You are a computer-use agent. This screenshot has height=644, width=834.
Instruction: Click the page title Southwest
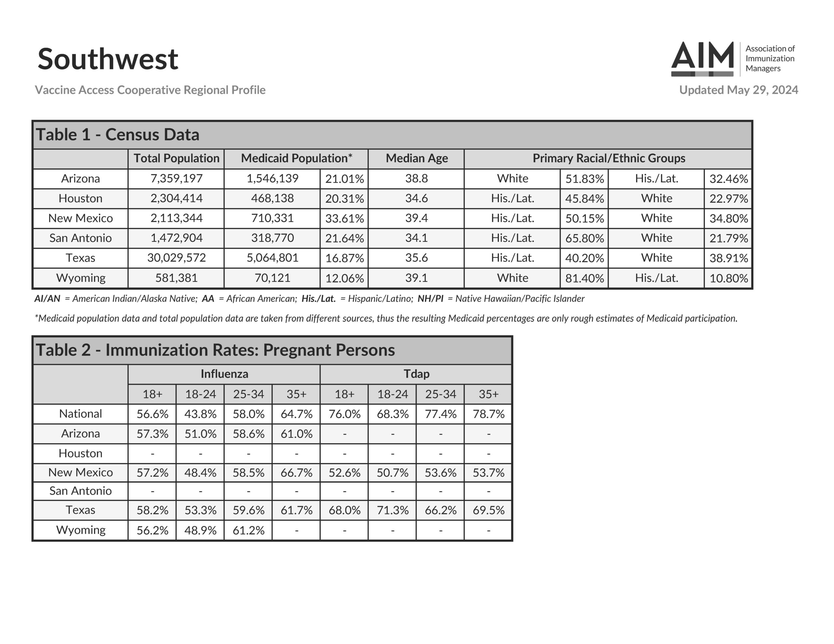click(x=108, y=59)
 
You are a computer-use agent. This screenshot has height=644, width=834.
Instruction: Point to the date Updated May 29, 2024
click(x=738, y=90)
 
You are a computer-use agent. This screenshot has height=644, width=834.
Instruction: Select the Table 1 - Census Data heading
click(x=118, y=135)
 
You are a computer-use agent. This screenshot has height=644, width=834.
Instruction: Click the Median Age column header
click(x=416, y=159)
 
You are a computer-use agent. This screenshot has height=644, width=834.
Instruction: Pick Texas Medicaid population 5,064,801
click(x=272, y=258)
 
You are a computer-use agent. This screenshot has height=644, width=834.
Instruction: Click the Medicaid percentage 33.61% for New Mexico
click(x=344, y=218)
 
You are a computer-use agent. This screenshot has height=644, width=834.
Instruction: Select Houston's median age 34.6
click(x=416, y=199)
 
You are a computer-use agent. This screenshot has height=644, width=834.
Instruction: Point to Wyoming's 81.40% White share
click(x=584, y=278)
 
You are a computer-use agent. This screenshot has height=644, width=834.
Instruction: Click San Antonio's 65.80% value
click(x=584, y=238)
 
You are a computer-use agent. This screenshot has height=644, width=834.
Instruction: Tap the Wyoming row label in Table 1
click(x=80, y=278)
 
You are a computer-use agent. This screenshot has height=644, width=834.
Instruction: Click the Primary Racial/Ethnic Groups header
click(x=609, y=159)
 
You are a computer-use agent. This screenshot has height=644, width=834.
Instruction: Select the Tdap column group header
click(x=416, y=374)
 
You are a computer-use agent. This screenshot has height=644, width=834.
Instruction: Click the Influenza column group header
click(x=224, y=374)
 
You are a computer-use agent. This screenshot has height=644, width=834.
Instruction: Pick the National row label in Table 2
click(x=80, y=414)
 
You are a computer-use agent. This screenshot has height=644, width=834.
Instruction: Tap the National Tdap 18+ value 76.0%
click(x=344, y=414)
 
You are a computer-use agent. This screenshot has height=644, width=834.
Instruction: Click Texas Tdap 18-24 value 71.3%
click(x=392, y=511)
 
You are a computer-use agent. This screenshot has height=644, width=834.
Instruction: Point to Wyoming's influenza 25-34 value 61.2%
click(x=248, y=530)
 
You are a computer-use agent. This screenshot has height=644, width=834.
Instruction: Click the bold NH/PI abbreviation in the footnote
click(x=430, y=299)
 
